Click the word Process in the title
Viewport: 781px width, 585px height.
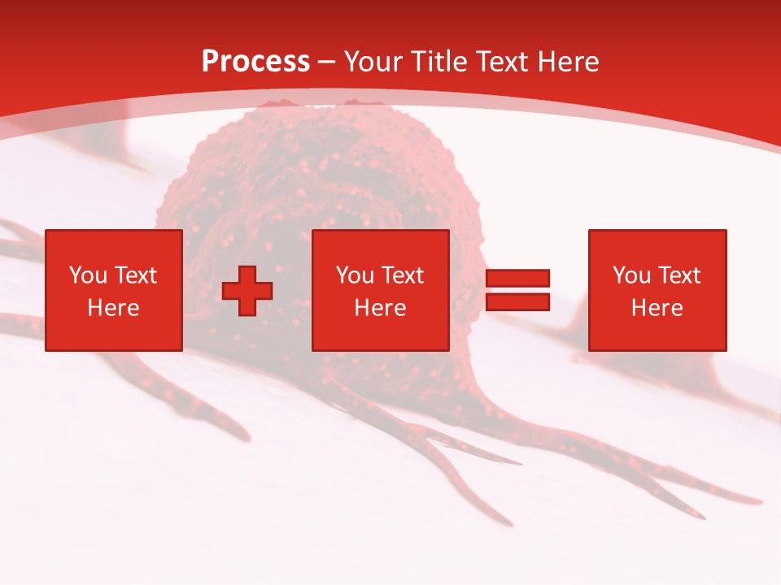(255, 62)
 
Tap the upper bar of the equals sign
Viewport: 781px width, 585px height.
(517, 279)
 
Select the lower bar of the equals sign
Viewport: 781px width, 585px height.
(517, 302)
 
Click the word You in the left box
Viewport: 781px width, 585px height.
(88, 275)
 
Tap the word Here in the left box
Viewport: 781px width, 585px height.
(113, 308)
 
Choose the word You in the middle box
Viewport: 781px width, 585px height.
(355, 275)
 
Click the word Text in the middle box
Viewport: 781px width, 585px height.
(401, 275)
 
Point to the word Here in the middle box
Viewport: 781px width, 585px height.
(380, 308)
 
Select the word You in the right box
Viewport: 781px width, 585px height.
(631, 275)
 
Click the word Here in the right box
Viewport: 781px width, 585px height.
(657, 308)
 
